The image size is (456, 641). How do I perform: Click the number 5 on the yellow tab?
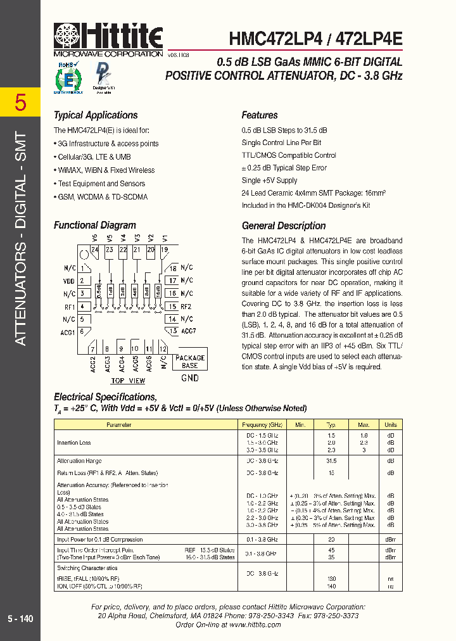pos(20,102)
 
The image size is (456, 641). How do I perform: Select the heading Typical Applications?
pos(95,115)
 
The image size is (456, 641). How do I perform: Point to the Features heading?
pos(260,115)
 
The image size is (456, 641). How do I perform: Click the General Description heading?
pos(284,225)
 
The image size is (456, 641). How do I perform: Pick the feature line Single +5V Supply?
pos(269,181)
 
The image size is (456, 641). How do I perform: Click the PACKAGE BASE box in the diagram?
pos(189,362)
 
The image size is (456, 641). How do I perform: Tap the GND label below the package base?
pos(189,378)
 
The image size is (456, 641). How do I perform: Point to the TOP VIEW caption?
pos(128,381)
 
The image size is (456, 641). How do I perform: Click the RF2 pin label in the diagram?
pos(186,307)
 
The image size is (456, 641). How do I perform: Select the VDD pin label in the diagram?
pos(69,281)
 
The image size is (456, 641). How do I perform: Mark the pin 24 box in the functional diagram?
pos(95,250)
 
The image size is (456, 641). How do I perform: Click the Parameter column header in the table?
pos(118,425)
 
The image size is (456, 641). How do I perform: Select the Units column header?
pos(391,425)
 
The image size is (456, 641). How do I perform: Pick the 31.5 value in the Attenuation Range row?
pos(331,461)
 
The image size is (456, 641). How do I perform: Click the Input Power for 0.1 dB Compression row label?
pos(99,540)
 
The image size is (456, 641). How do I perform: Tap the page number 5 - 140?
pos(20,619)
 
